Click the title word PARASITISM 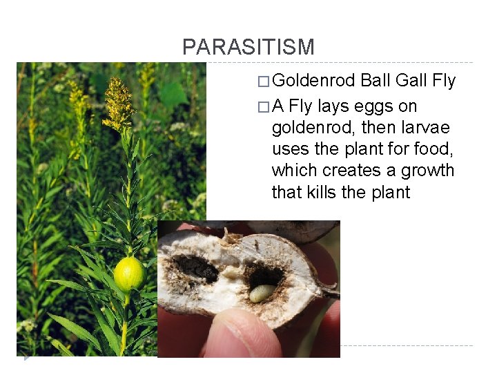(248, 47)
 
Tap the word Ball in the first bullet (376, 81)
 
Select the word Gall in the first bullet (412, 81)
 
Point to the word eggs (373, 107)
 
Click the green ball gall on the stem (129, 274)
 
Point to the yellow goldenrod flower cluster (119, 104)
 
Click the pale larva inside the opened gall (262, 294)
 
